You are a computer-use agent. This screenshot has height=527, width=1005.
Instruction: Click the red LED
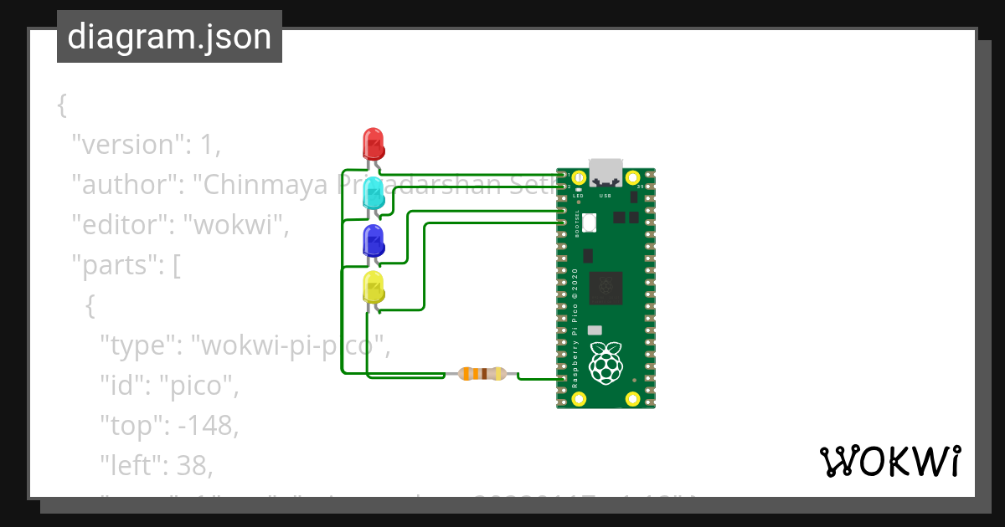point(373,143)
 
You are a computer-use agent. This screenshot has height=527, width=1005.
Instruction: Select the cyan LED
point(373,192)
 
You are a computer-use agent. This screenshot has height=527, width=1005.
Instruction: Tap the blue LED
point(373,241)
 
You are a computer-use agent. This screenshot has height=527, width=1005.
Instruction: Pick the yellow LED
point(373,289)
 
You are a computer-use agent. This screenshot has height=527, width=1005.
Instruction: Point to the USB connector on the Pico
point(606,172)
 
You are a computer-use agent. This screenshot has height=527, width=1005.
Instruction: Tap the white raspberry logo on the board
point(606,363)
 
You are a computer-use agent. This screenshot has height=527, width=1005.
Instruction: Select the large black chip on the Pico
point(606,287)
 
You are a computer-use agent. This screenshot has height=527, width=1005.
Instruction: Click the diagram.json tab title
point(169,37)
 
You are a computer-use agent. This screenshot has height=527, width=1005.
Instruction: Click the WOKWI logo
point(889,461)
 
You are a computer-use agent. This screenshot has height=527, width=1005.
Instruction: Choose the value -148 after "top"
point(204,426)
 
